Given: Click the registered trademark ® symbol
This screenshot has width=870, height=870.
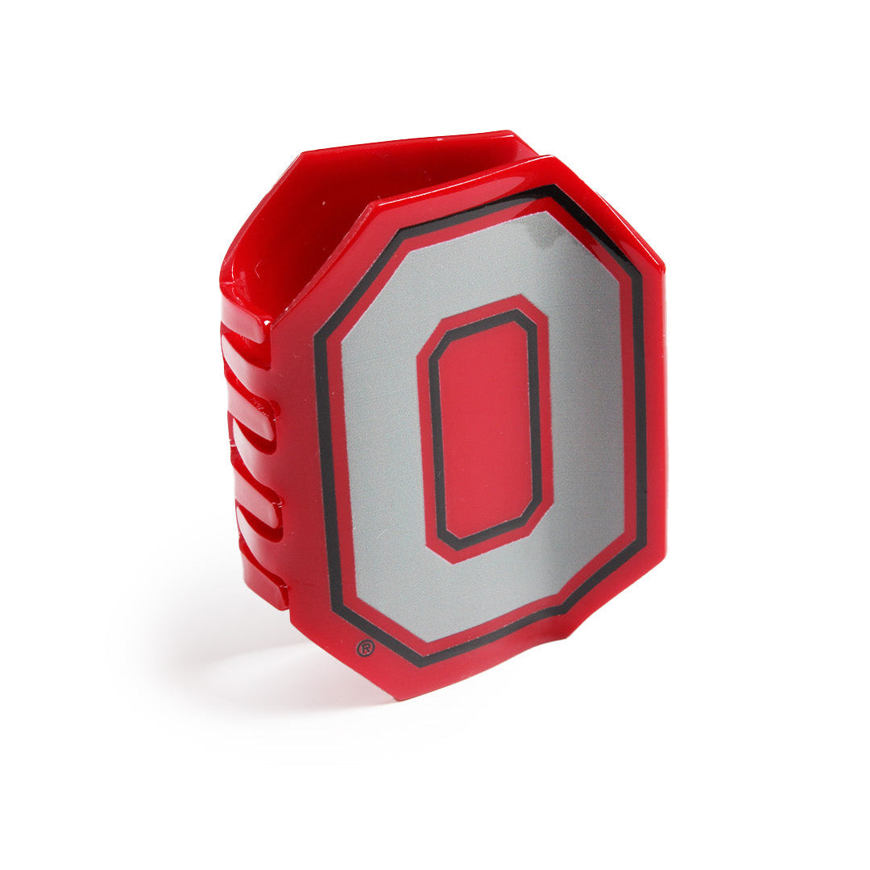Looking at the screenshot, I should coord(365,648).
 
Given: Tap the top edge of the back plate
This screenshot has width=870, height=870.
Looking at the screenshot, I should coord(403,143).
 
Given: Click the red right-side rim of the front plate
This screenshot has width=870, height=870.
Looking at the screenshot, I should coord(654,419).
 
